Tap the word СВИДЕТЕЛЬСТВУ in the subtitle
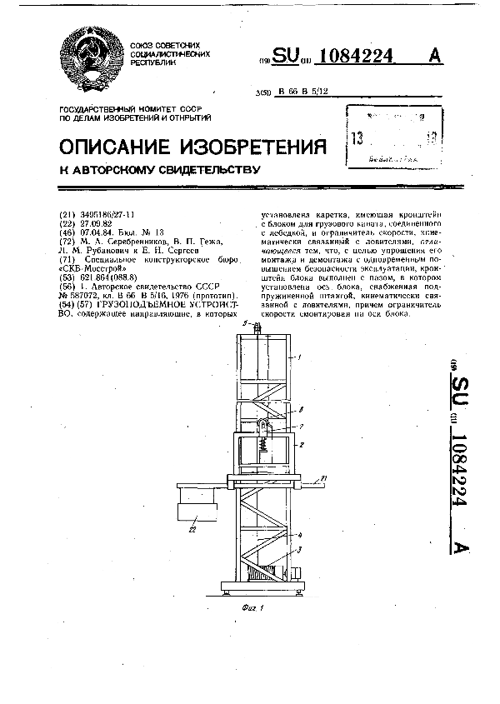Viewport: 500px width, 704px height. point(205,171)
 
